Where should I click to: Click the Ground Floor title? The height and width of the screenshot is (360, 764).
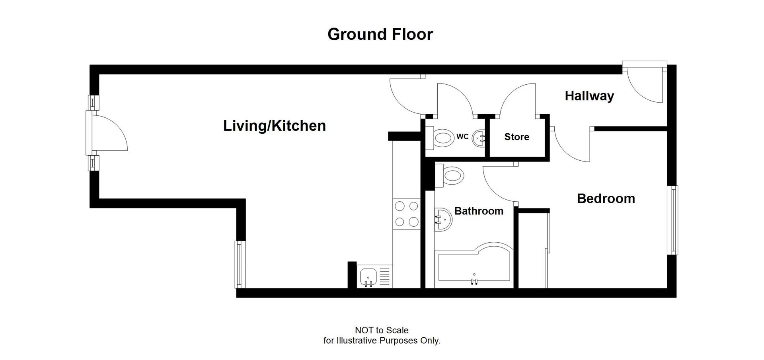point(380,34)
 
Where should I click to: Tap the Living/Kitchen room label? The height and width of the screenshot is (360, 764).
point(274,126)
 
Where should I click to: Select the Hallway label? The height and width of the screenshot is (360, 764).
point(589,96)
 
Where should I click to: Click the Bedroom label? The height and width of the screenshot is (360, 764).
point(606,198)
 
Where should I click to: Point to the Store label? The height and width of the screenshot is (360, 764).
point(516,137)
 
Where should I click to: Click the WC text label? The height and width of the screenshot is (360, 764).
point(462,137)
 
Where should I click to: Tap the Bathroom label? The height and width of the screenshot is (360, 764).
point(479,211)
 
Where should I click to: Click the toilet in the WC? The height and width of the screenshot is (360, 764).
point(442,138)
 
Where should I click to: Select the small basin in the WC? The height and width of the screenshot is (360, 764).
point(478,138)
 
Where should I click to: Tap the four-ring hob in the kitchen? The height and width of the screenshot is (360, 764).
point(406,214)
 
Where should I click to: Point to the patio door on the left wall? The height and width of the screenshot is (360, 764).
point(105,133)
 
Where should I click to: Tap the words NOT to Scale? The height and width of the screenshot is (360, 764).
point(381,330)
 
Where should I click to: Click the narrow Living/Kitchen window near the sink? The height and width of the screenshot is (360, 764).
point(239,264)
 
